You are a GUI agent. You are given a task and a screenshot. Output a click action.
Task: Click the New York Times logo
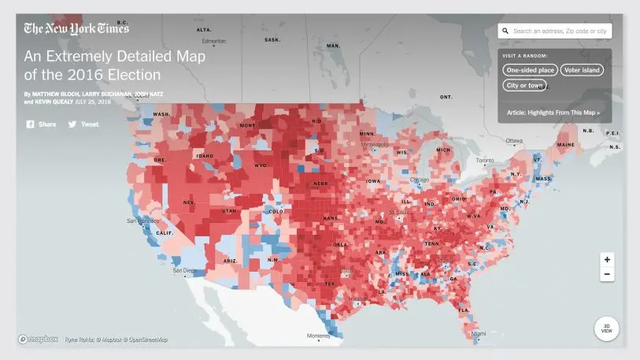click(x=76, y=29)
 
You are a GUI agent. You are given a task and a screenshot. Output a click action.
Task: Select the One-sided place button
click(x=530, y=70)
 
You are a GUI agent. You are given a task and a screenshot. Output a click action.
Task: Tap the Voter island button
click(x=582, y=70)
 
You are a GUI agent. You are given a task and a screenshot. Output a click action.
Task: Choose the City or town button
click(x=524, y=85)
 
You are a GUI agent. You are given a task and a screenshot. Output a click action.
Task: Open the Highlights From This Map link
click(x=553, y=113)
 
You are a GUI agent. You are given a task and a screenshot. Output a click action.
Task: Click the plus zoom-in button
click(x=607, y=260)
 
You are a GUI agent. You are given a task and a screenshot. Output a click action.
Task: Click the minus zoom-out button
click(x=607, y=274)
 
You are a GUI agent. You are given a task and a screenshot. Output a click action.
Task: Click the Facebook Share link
click(x=41, y=124)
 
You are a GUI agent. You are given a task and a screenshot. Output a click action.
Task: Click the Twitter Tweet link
click(x=83, y=124)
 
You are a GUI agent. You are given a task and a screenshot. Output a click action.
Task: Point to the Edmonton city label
click(x=213, y=41)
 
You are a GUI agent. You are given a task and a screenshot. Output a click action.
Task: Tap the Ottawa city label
click(x=513, y=141)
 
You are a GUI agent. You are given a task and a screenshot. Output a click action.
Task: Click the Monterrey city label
click(x=319, y=336)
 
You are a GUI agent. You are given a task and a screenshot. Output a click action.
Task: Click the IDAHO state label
click(x=205, y=156)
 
